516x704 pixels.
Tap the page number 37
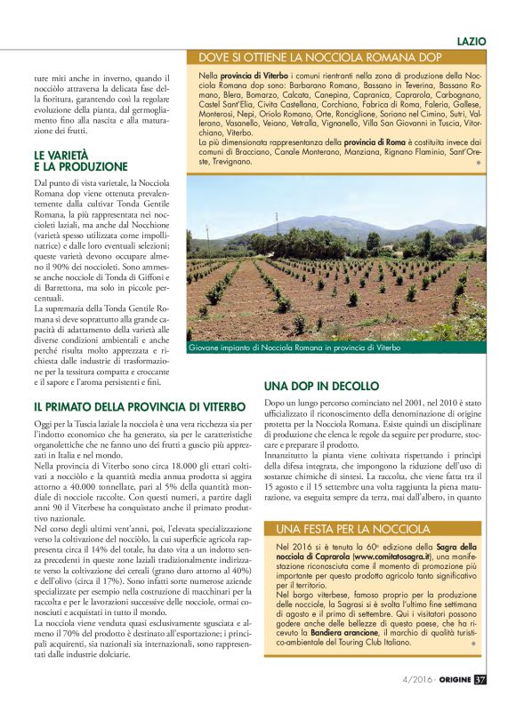[x=480, y=681]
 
